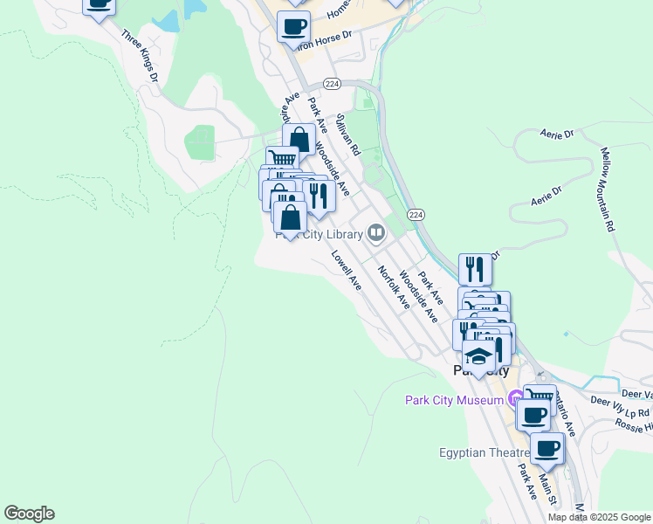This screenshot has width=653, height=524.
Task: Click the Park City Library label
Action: click(x=319, y=234)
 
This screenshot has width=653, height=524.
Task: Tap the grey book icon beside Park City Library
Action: click(x=376, y=231)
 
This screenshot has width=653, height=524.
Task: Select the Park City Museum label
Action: click(x=454, y=400)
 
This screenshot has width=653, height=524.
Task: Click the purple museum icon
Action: click(x=517, y=399)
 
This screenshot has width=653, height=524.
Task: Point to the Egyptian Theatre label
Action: click(x=484, y=452)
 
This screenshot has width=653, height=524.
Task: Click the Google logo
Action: click(x=29, y=514)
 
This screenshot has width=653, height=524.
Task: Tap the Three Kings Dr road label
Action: click(x=140, y=58)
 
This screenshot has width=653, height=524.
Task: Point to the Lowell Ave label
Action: click(x=347, y=271)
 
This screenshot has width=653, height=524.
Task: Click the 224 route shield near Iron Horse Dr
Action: click(x=331, y=83)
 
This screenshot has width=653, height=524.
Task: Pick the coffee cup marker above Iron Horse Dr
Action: click(x=293, y=26)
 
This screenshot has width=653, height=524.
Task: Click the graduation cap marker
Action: click(x=478, y=356)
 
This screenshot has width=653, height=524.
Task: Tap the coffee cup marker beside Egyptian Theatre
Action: click(x=546, y=449)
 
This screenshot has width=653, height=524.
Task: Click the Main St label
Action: click(x=547, y=488)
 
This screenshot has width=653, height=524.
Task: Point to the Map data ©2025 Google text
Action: click(x=599, y=517)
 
